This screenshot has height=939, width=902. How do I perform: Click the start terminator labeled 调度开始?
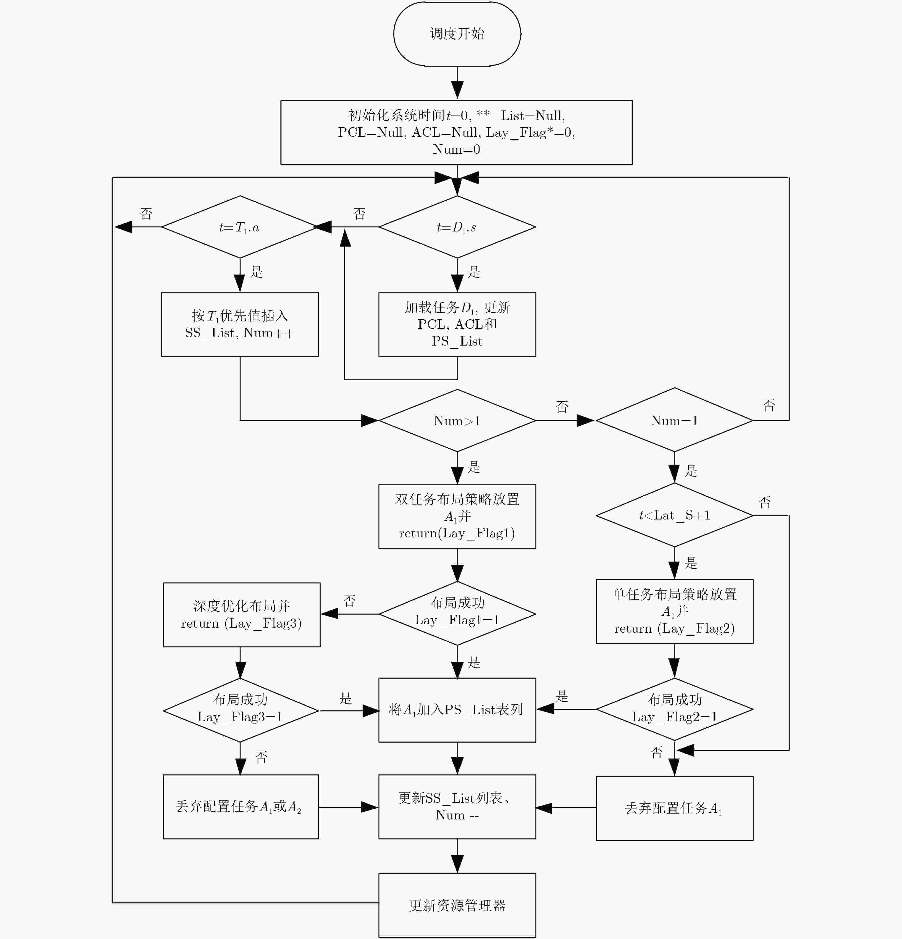[x=457, y=34]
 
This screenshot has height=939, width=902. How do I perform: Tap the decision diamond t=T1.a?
[x=240, y=227]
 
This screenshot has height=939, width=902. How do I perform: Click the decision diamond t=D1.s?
[x=457, y=227]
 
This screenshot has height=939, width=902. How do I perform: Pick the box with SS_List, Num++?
[x=240, y=324]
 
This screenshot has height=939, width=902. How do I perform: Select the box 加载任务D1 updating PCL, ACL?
[x=457, y=324]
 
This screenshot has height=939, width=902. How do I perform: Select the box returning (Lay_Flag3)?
[x=241, y=615]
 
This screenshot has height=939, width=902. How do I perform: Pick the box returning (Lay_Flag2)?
[x=674, y=611]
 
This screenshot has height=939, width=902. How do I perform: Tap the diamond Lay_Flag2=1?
[x=674, y=709]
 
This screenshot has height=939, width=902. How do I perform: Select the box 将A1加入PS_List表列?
[x=457, y=710]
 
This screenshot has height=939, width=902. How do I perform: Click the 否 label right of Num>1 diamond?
[x=562, y=407]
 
